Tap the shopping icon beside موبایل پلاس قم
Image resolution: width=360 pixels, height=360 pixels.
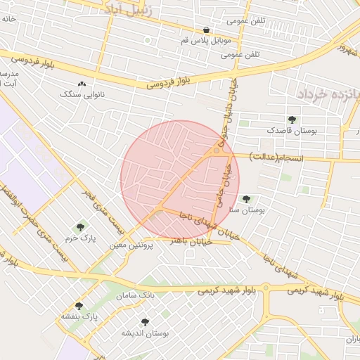[206, 30]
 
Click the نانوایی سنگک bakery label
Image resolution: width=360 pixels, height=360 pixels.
[83, 94]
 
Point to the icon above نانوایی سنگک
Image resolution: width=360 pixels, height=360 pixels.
[82, 84]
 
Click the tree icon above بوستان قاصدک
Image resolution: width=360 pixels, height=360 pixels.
[292, 120]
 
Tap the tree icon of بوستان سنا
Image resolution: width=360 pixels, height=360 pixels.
[246, 199]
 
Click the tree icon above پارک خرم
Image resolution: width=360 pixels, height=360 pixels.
[79, 227]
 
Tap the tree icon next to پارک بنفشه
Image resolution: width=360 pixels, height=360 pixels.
[79, 307]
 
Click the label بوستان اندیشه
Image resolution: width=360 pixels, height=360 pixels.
[146, 333]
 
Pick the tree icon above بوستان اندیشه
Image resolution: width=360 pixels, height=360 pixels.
[146, 323]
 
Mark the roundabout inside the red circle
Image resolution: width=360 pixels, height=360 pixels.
[219, 149]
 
